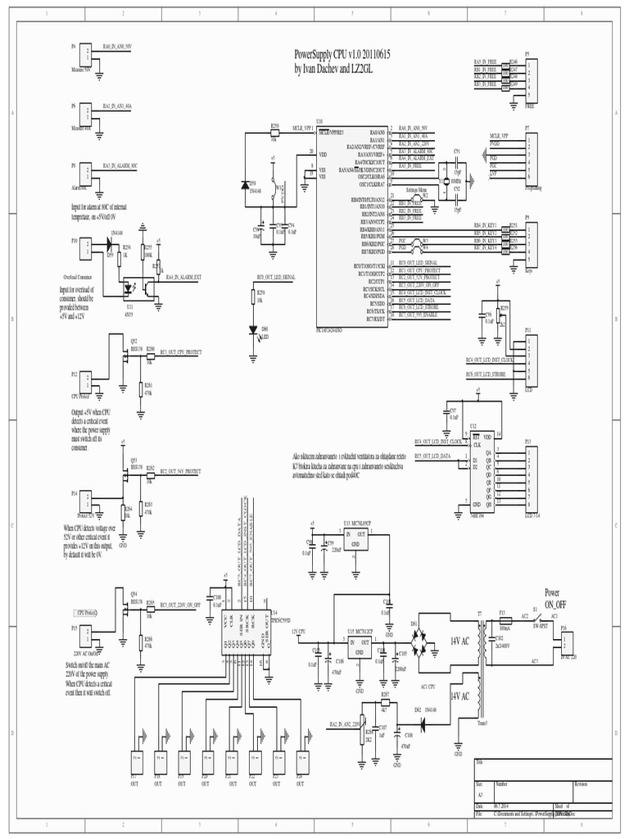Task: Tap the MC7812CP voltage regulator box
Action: [359, 646]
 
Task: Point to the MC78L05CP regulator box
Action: [357, 537]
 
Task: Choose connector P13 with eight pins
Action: [530, 476]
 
